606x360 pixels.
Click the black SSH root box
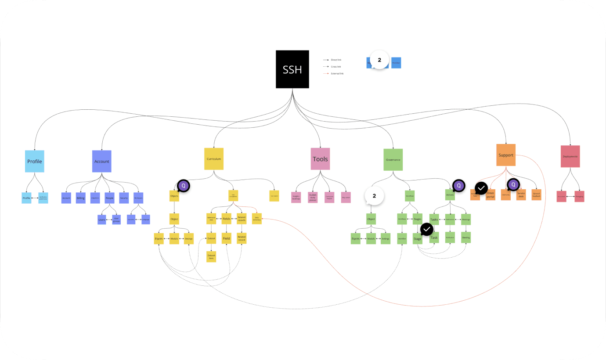click(x=292, y=69)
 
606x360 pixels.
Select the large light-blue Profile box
click(x=35, y=161)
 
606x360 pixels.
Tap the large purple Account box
click(x=101, y=161)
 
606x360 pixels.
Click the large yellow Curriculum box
click(x=214, y=158)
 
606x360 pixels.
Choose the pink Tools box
click(x=320, y=159)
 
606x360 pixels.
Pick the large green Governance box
click(x=393, y=159)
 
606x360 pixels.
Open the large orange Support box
click(x=506, y=155)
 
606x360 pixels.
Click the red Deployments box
click(x=570, y=156)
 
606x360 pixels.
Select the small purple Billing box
click(x=81, y=198)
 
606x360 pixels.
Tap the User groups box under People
click(x=116, y=219)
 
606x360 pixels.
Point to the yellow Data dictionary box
click(x=257, y=219)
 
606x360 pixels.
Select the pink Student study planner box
click(x=313, y=197)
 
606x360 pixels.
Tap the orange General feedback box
click(x=536, y=194)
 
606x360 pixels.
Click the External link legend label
click(x=337, y=73)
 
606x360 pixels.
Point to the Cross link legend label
click(x=336, y=66)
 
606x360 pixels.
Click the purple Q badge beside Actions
click(x=458, y=185)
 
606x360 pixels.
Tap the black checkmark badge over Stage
click(x=427, y=229)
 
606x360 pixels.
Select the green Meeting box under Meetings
click(x=466, y=238)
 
